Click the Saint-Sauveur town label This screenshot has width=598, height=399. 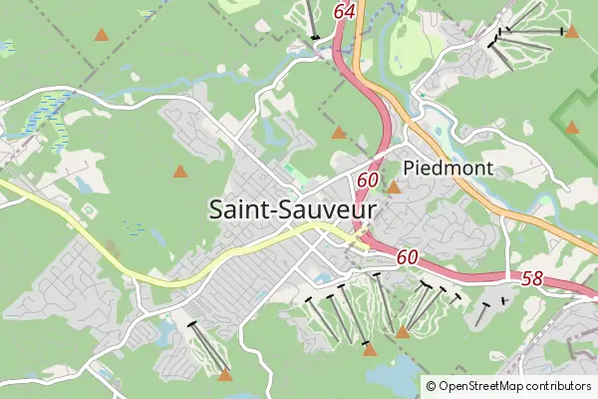click(x=294, y=209)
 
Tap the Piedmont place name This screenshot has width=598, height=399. click(x=448, y=169)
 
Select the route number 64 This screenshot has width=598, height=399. click(x=346, y=11)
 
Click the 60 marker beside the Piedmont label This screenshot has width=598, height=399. click(x=367, y=181)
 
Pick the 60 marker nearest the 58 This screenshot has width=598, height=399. click(x=407, y=257)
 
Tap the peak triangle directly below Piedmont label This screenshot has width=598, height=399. click(x=394, y=188)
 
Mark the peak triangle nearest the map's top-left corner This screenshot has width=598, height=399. click(x=101, y=35)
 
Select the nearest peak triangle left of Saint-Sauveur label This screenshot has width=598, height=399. click(x=179, y=172)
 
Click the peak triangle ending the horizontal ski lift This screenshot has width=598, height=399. click(x=571, y=31)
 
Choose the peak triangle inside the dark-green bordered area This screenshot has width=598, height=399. click(x=572, y=128)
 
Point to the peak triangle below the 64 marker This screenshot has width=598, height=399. click(x=339, y=132)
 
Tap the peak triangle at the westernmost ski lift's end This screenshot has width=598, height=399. click(x=225, y=375)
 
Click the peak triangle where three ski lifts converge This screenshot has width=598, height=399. click(x=403, y=332)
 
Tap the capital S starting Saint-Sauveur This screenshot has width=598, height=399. click(x=217, y=209)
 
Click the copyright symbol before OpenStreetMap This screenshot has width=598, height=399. click(x=431, y=386)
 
